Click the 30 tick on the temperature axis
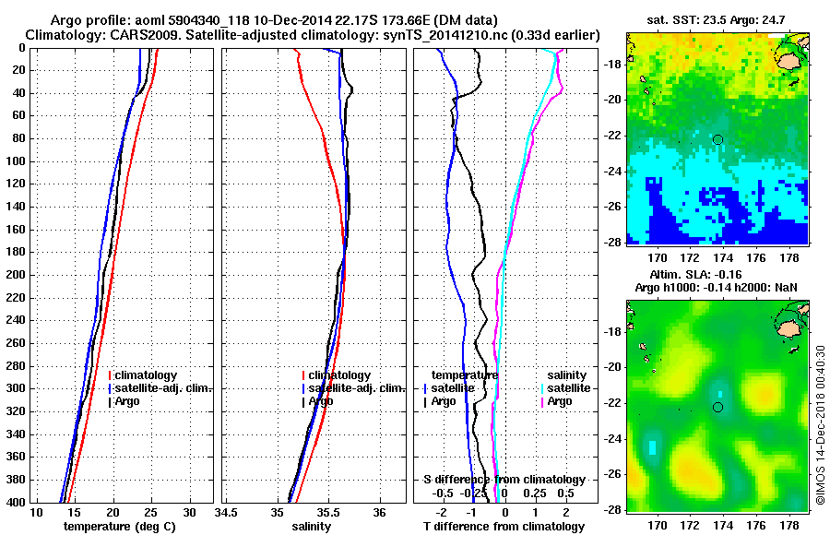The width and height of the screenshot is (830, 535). (188, 512)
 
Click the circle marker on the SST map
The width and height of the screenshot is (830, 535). (717, 139)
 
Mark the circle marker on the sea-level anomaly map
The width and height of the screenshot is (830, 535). (717, 407)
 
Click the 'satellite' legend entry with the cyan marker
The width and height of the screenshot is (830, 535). (571, 388)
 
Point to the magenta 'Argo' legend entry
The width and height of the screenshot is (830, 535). (560, 401)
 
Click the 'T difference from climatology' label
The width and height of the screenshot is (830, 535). (503, 526)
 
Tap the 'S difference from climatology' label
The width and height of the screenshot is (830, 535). (503, 480)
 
